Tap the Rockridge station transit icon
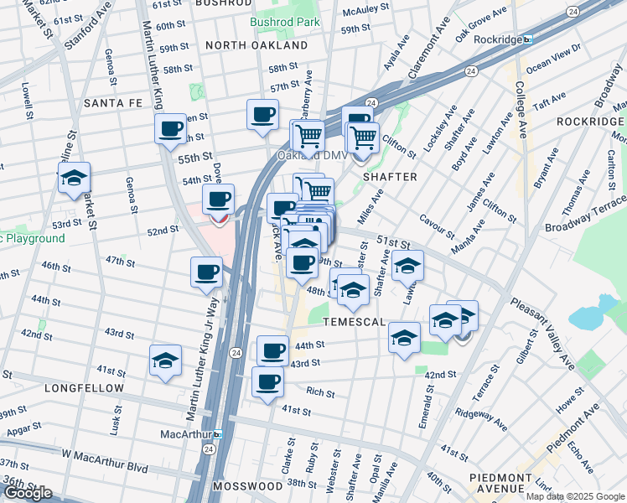527,39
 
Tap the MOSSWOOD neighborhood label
247,486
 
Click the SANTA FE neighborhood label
115,103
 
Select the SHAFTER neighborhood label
390,177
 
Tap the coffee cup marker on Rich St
268,383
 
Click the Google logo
28,493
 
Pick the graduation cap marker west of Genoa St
74,178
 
